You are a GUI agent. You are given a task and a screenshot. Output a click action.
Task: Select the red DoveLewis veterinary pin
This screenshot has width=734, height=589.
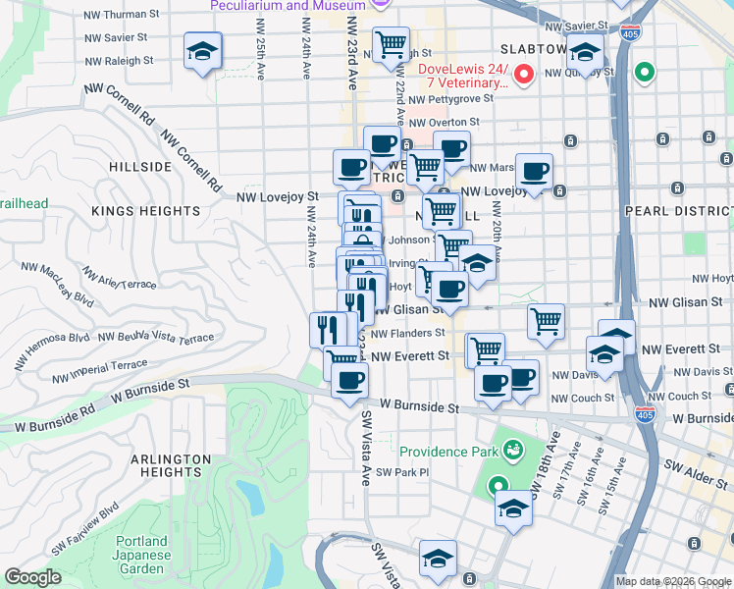(524, 74)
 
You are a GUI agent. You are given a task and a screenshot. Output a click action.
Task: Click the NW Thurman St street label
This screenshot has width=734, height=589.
(123, 15)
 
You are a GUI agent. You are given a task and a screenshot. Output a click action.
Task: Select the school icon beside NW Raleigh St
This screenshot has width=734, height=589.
(203, 53)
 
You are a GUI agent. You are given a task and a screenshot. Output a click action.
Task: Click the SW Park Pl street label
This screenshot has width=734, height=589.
(402, 472)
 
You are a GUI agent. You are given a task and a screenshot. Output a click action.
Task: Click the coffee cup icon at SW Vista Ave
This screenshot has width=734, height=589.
(348, 380)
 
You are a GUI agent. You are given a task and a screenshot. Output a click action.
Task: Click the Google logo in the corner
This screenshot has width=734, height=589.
(32, 577)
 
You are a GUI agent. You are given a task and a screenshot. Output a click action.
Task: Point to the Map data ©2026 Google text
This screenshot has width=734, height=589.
(672, 581)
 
